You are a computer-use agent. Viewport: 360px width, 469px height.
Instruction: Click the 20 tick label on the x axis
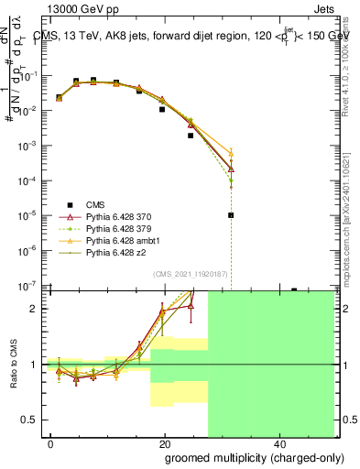[x=164, y=442]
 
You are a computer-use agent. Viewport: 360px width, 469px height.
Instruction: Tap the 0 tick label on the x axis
[x=50, y=442]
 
